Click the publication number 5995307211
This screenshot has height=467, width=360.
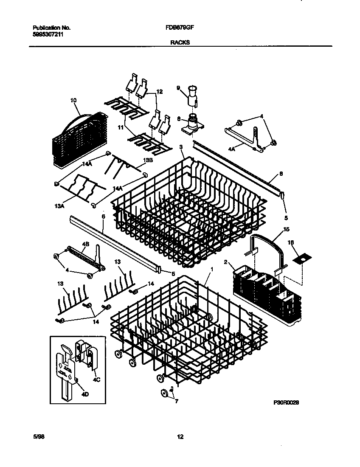[x=49, y=34]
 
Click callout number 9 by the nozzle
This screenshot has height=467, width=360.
[x=179, y=88]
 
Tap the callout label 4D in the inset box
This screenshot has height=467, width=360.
[x=85, y=394]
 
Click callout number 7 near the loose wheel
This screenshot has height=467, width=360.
[x=177, y=400]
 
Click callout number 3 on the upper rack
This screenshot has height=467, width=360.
[x=181, y=147]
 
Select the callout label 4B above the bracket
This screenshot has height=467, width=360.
[x=85, y=244]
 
